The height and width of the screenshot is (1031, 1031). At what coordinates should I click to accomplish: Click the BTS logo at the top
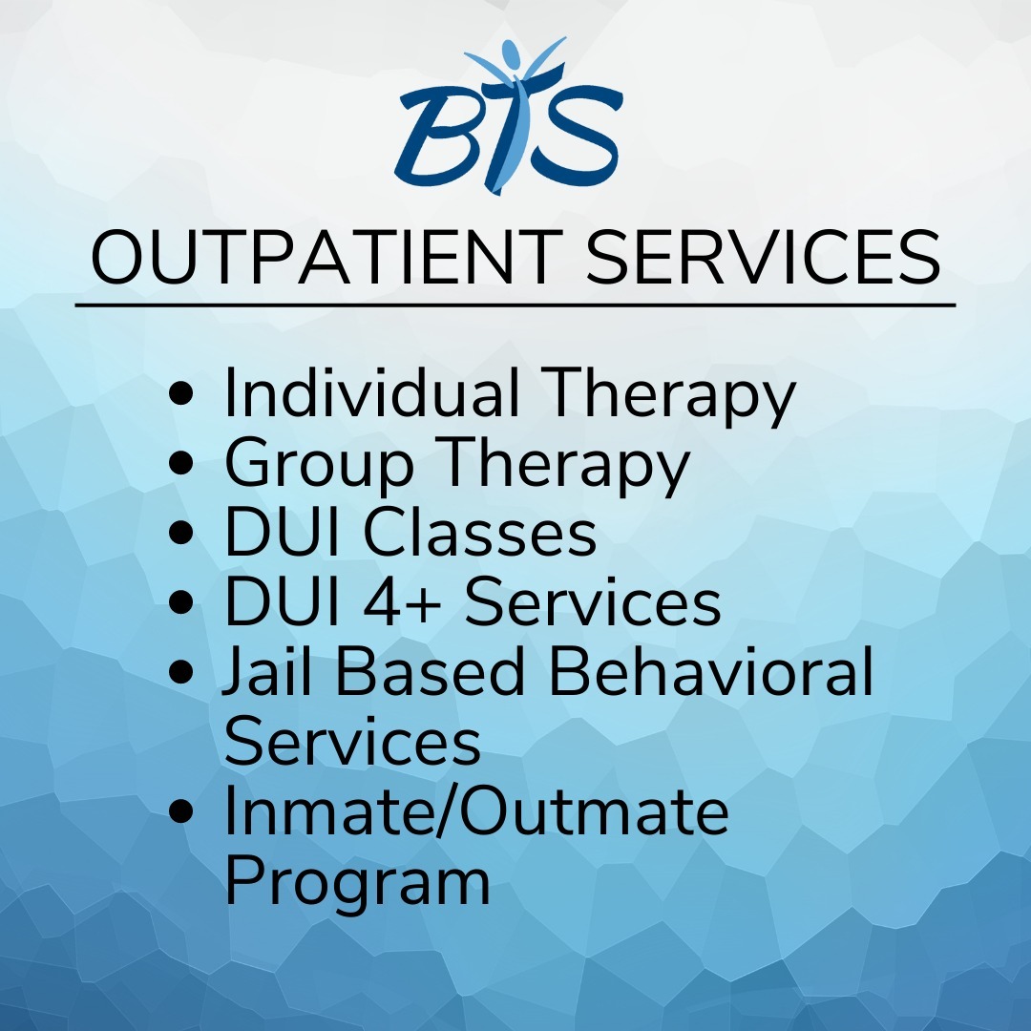[x=509, y=116]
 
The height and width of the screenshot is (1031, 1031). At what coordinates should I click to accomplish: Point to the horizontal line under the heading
[x=515, y=305]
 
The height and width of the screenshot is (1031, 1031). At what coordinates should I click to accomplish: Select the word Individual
[x=371, y=392]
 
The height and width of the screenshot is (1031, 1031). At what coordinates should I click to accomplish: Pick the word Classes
[x=479, y=532]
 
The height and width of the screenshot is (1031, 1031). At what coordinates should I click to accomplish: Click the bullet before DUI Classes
[x=180, y=532]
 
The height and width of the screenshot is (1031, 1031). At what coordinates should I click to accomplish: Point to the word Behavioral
[x=711, y=670]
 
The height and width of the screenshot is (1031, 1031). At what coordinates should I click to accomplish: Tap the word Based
[x=431, y=670]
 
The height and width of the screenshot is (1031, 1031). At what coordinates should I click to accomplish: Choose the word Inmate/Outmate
[x=476, y=810]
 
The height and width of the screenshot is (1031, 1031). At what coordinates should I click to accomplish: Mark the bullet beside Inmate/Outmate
[x=180, y=811]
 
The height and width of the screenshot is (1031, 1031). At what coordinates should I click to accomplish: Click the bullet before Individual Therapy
[x=180, y=392]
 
